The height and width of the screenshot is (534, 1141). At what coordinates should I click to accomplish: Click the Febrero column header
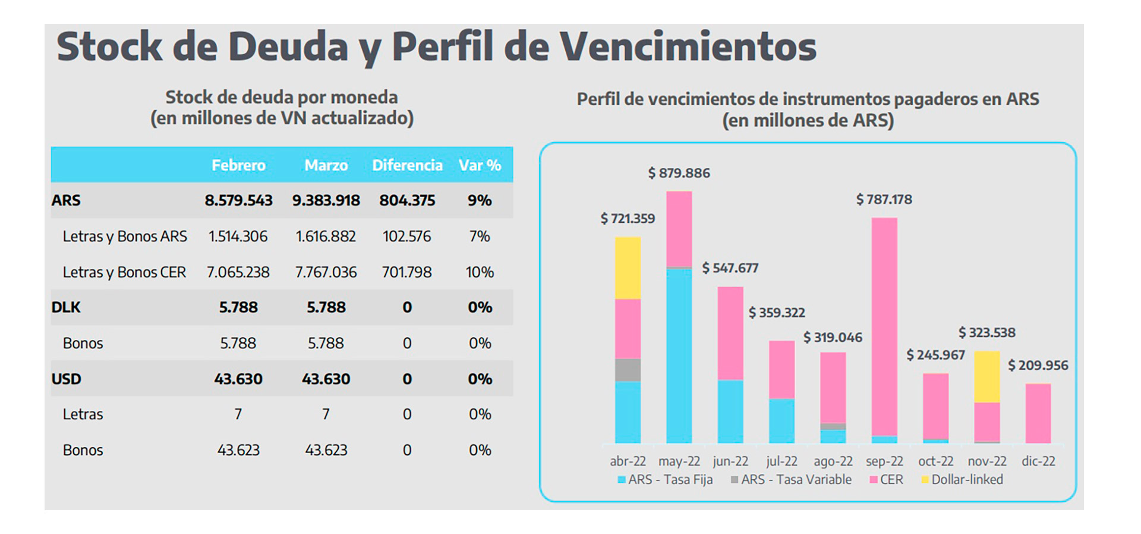238,165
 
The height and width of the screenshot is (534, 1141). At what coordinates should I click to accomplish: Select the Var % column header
480,165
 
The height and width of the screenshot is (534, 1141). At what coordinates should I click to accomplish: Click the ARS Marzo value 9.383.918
326,200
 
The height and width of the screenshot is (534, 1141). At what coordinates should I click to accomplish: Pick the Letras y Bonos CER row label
124,272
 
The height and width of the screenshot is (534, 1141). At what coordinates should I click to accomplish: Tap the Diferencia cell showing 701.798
406,272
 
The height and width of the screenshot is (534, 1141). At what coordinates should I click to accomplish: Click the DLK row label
66,307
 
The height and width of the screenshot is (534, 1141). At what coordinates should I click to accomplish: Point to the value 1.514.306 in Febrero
238,236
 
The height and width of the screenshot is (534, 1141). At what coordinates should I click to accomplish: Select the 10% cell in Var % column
480,272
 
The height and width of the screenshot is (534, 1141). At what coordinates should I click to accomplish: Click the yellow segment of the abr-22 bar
628,268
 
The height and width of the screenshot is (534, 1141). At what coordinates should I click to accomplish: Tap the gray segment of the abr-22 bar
628,369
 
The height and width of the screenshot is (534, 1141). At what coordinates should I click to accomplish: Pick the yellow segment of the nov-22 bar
986,376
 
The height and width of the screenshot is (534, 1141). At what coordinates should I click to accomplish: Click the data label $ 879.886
679,173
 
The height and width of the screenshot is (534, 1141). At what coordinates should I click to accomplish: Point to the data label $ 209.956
1038,365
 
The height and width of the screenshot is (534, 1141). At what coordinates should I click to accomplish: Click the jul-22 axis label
781,461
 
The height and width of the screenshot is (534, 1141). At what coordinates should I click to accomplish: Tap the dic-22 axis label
1038,461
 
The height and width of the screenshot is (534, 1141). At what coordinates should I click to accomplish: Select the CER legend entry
886,479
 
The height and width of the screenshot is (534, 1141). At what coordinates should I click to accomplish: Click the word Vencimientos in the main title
688,46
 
